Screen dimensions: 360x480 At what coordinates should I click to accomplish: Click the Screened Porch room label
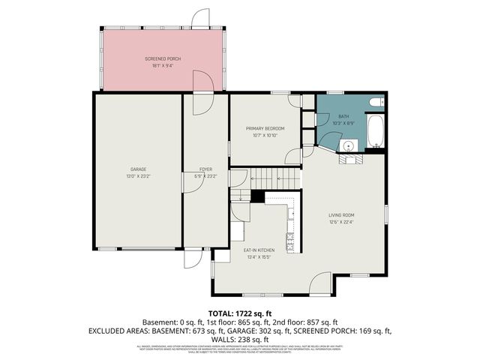click(163, 58)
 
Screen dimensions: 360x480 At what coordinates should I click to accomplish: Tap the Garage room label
click(137, 169)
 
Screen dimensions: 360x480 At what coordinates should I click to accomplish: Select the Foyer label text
click(205, 169)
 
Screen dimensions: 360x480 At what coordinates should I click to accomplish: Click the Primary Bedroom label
click(265, 128)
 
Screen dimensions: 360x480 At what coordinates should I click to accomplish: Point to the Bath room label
click(343, 116)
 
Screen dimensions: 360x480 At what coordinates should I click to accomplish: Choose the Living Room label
click(341, 215)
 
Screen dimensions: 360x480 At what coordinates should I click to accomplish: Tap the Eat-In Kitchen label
click(258, 250)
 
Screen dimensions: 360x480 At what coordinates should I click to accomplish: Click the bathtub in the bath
click(374, 132)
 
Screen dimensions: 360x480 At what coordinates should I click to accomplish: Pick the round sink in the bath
click(348, 145)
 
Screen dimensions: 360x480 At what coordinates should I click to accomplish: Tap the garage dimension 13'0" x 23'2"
click(137, 176)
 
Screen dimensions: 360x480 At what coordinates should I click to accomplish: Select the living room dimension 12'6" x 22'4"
click(341, 222)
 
